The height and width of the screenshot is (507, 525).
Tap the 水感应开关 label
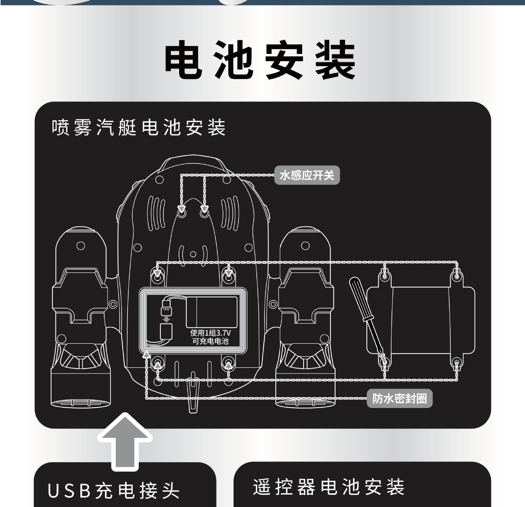[x=307, y=175]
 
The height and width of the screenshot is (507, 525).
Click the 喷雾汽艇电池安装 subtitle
[x=139, y=127]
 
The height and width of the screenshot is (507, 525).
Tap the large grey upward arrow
[x=125, y=441]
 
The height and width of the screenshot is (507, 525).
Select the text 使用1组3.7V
[x=211, y=333]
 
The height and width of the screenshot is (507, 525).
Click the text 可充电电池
[x=211, y=341]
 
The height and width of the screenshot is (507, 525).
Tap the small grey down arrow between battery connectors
[x=166, y=319]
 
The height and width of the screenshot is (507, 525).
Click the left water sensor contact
[x=181, y=213]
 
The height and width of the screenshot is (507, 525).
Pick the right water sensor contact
[x=204, y=213]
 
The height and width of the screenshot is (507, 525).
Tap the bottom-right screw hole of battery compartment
[x=229, y=364]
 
